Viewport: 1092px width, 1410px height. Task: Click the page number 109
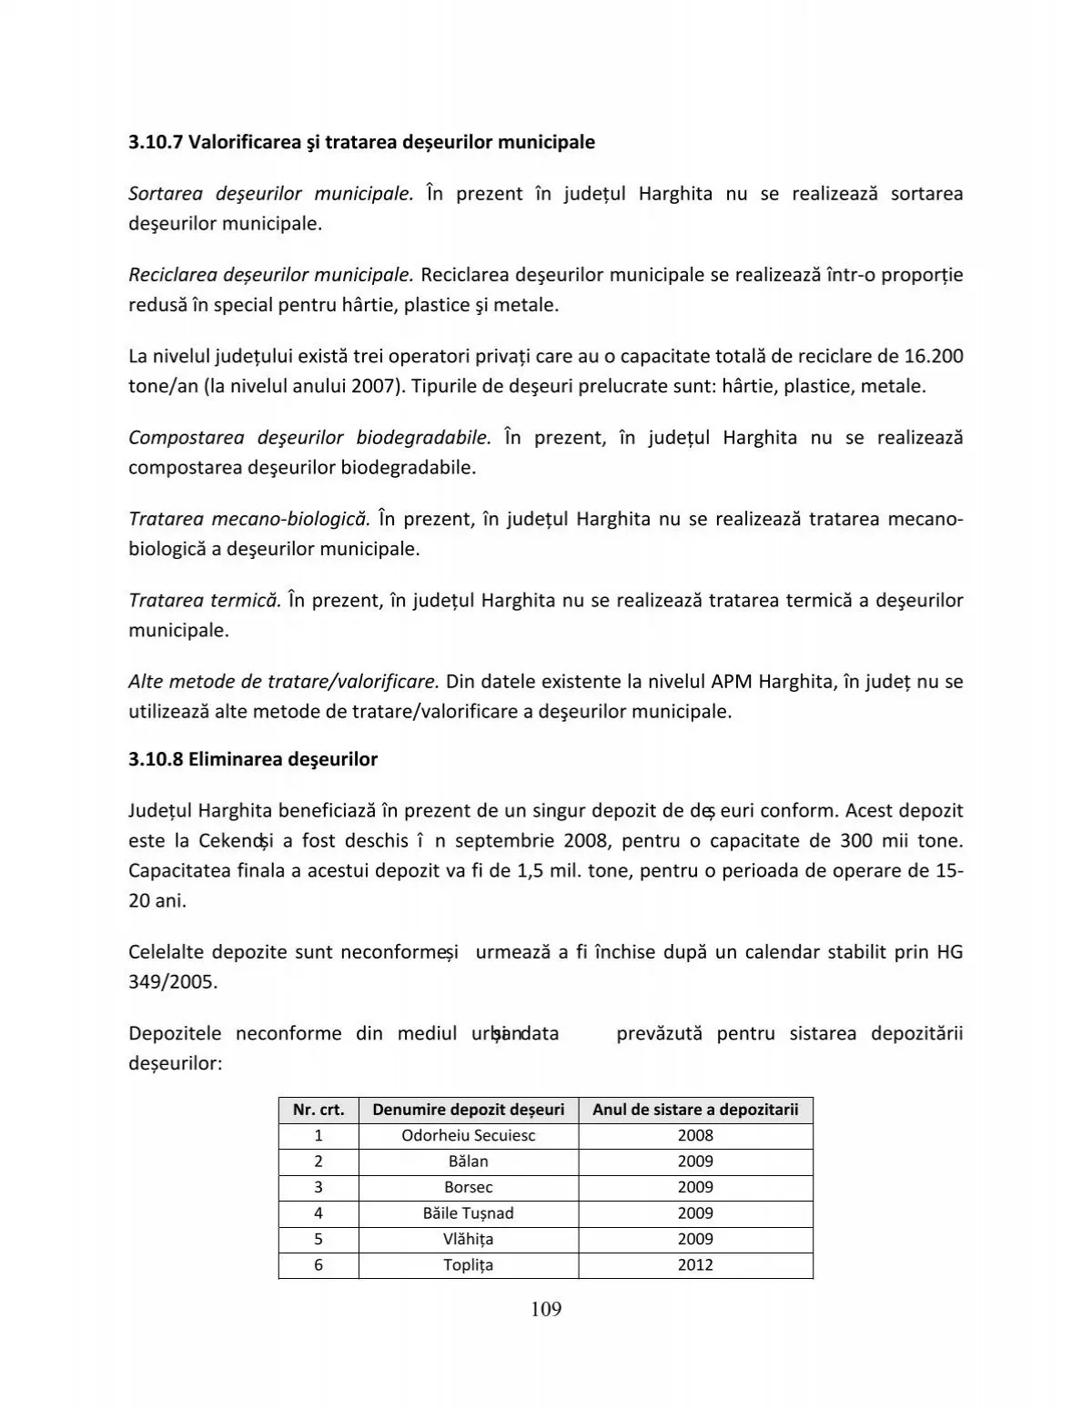[545, 1309]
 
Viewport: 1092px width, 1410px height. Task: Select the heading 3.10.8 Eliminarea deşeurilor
[253, 759]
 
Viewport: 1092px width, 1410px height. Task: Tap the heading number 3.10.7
[155, 142]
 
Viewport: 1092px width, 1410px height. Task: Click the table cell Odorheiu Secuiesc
[468, 1135]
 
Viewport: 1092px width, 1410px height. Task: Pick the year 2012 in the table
[695, 1264]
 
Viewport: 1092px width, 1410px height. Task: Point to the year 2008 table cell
[695, 1135]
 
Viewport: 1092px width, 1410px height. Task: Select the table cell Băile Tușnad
[468, 1212]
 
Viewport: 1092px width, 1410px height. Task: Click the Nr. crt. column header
[318, 1110]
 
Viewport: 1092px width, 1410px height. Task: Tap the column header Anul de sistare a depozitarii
[695, 1110]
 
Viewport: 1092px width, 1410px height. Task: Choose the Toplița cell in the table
[468, 1264]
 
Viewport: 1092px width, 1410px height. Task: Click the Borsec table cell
[468, 1187]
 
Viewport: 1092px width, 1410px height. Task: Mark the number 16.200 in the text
[934, 356]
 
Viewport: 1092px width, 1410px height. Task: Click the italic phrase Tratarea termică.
[204, 600]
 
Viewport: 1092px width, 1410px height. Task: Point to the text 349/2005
[173, 982]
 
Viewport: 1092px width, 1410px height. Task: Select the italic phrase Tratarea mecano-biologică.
[248, 519]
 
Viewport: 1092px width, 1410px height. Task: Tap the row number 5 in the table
[318, 1239]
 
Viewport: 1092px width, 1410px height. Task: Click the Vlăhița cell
[468, 1239]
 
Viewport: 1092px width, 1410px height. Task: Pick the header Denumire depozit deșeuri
[468, 1110]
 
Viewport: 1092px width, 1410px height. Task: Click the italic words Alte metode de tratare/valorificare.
[284, 681]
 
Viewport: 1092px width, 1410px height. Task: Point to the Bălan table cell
[468, 1161]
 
